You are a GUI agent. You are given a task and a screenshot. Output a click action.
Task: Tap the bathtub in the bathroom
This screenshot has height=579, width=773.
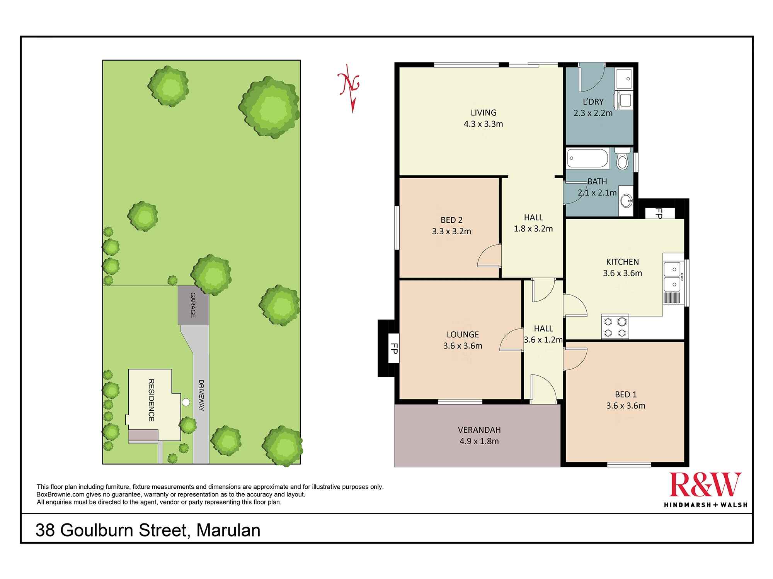click(x=588, y=159)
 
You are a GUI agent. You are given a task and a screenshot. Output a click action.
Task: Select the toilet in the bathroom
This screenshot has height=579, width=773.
click(x=622, y=159)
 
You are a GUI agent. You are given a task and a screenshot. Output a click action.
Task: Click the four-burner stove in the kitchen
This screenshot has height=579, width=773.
click(x=615, y=327)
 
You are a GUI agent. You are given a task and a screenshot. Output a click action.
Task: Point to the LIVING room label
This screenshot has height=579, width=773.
click(x=484, y=113)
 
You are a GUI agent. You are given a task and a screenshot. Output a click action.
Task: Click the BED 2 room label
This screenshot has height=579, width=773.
click(x=451, y=220)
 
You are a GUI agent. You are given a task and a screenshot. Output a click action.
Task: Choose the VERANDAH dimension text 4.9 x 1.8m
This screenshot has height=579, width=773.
click(x=479, y=441)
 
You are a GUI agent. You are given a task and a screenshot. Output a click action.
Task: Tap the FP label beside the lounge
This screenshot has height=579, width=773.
click(x=394, y=349)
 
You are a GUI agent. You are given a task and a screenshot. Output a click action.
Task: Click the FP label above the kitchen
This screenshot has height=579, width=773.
click(x=659, y=213)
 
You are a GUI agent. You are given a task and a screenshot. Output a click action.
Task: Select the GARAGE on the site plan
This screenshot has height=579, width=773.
click(x=193, y=305)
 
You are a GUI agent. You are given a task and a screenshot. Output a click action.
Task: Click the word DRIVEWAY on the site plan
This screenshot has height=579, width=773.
click(x=201, y=395)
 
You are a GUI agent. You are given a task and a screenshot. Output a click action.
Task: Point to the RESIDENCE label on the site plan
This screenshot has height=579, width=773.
click(x=151, y=400)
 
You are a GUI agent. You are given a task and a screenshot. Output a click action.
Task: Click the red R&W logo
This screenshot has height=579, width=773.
click(x=705, y=484)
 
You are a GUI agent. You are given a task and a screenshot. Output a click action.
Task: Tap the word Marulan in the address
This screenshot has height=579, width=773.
click(x=228, y=530)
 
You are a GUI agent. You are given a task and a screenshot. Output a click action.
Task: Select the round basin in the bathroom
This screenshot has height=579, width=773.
click(x=626, y=200)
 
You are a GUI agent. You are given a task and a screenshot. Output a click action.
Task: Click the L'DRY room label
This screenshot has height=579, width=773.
click(x=593, y=102)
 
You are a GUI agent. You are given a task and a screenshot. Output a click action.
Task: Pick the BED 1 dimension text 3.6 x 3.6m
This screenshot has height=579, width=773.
click(x=626, y=406)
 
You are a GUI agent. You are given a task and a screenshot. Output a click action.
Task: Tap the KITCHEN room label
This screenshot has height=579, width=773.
click(x=623, y=262)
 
